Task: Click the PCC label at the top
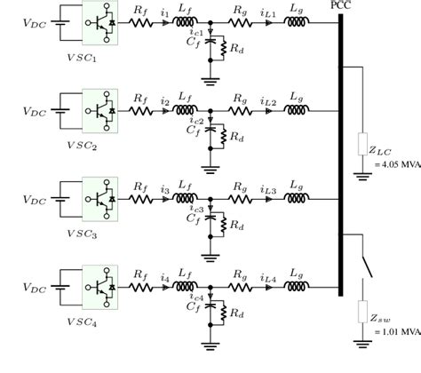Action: coord(338,6)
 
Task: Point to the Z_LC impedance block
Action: coord(362,145)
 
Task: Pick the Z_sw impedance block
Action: coord(362,313)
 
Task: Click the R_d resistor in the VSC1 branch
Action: coord(224,50)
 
